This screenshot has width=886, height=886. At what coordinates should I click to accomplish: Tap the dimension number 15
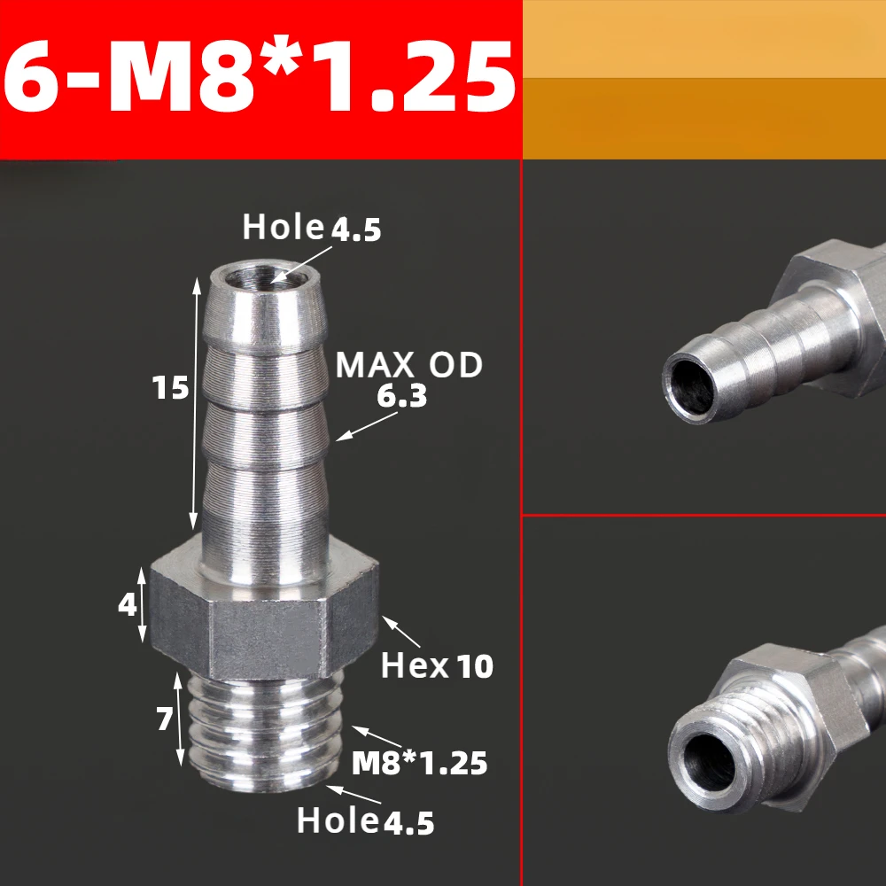[x=170, y=387]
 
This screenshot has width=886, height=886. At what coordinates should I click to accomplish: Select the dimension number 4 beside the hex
[x=128, y=605]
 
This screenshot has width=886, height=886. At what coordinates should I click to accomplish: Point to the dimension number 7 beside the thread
[x=164, y=720]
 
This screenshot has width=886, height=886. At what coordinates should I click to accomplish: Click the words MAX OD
[x=408, y=365]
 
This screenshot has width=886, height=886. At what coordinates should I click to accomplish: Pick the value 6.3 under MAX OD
[x=401, y=397]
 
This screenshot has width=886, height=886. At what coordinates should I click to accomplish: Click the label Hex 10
[x=436, y=665]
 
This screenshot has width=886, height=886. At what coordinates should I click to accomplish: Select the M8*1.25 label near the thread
[x=419, y=762]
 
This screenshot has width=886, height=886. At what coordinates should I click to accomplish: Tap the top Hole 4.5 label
[x=312, y=228]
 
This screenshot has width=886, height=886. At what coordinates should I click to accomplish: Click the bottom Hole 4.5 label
[x=365, y=821]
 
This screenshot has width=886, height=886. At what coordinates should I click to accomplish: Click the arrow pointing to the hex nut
[x=401, y=634]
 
